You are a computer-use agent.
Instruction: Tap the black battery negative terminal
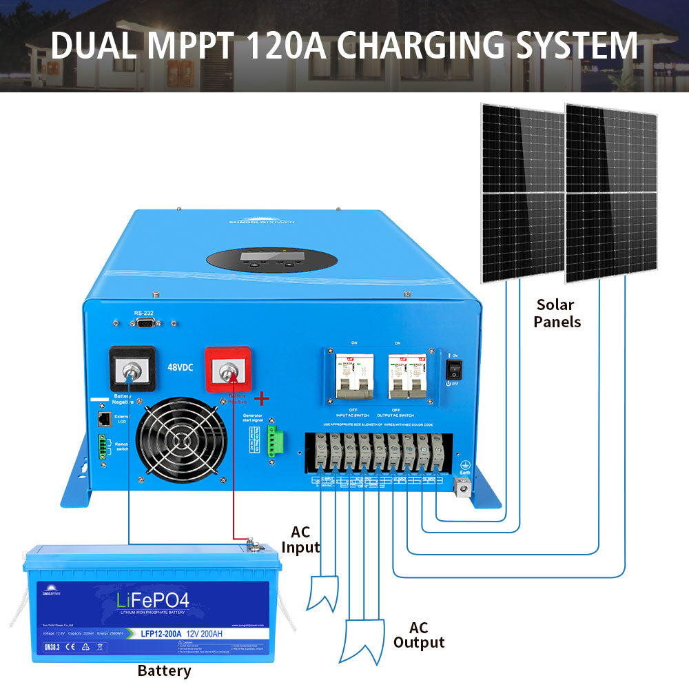click(x=128, y=373)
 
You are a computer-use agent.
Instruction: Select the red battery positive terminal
click(x=227, y=373)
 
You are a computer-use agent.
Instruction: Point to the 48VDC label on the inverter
click(x=181, y=367)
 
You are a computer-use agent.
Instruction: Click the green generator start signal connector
click(x=276, y=439)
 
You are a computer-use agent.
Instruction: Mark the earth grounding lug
click(x=464, y=489)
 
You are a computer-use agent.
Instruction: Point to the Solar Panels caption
click(x=557, y=313)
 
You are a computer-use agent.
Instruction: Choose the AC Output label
click(x=418, y=635)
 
